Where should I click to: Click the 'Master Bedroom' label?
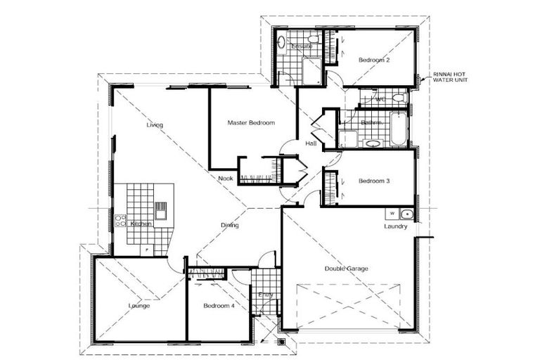coord(250,122)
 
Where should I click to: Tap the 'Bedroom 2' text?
coord(374,60)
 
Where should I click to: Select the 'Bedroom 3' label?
coord(374,181)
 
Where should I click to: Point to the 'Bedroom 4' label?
coord(219,306)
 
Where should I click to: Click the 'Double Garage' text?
coord(346,269)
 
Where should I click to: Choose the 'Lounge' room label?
coord(139,306)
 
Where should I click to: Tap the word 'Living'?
coord(155,125)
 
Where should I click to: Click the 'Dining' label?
coord(230,226)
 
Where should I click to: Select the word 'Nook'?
coord(225,179)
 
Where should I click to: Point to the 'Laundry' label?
coord(396,226)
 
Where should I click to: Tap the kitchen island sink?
coord(161,210)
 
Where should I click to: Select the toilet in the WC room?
coord(398,98)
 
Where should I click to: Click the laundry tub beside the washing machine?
coord(406,213)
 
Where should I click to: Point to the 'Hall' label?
coord(311,144)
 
